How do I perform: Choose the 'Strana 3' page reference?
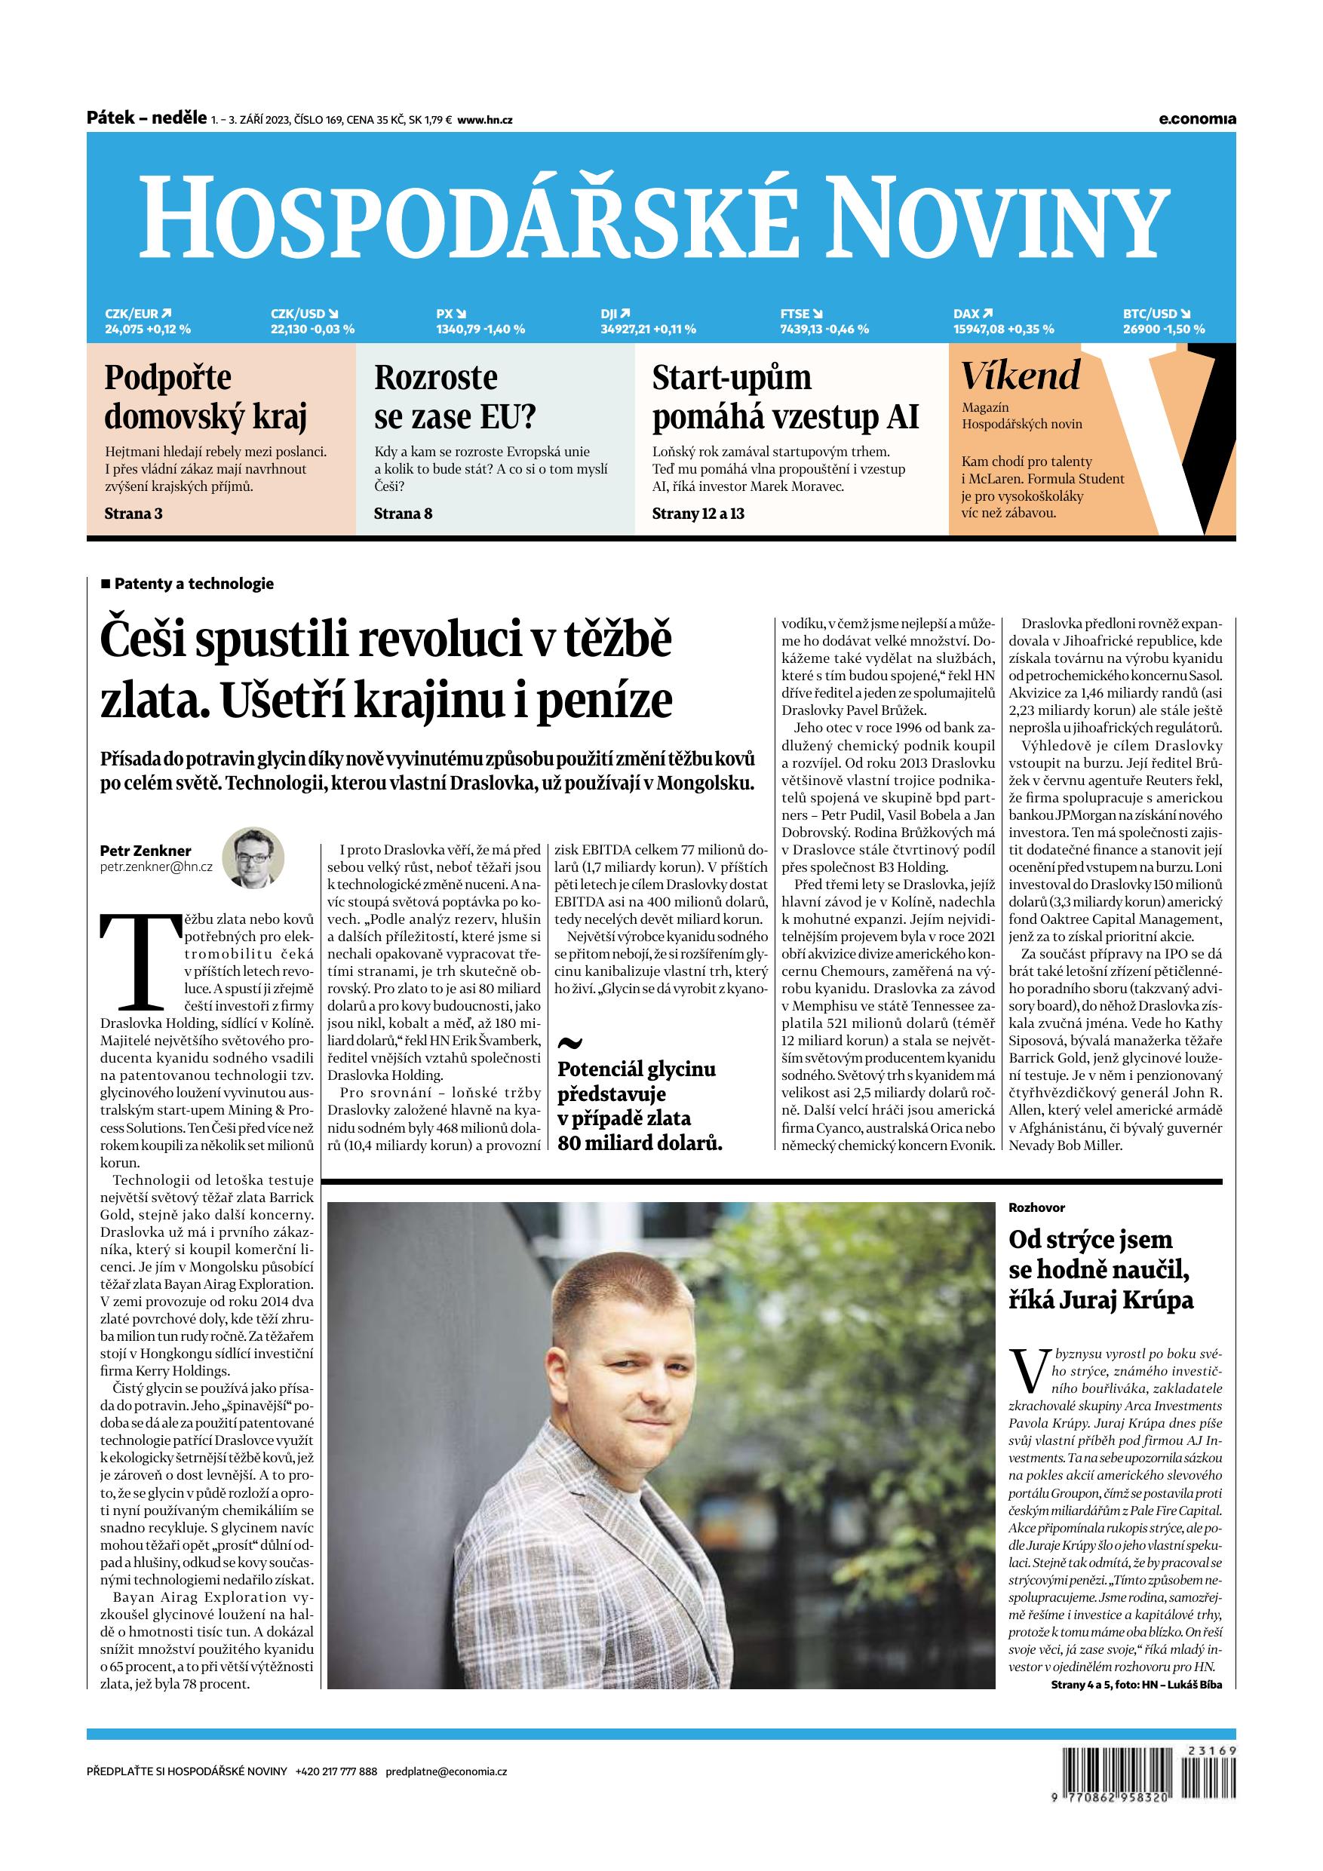(x=134, y=514)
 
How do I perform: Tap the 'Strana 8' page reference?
(x=403, y=514)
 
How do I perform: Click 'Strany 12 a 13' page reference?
(x=698, y=514)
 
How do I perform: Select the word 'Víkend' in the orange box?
(x=1021, y=376)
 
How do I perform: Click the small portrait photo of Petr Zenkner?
(x=253, y=858)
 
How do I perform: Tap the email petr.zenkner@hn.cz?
(x=155, y=867)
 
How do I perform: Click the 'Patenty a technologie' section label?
(x=193, y=584)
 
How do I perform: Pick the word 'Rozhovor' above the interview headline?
(x=1036, y=1207)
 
